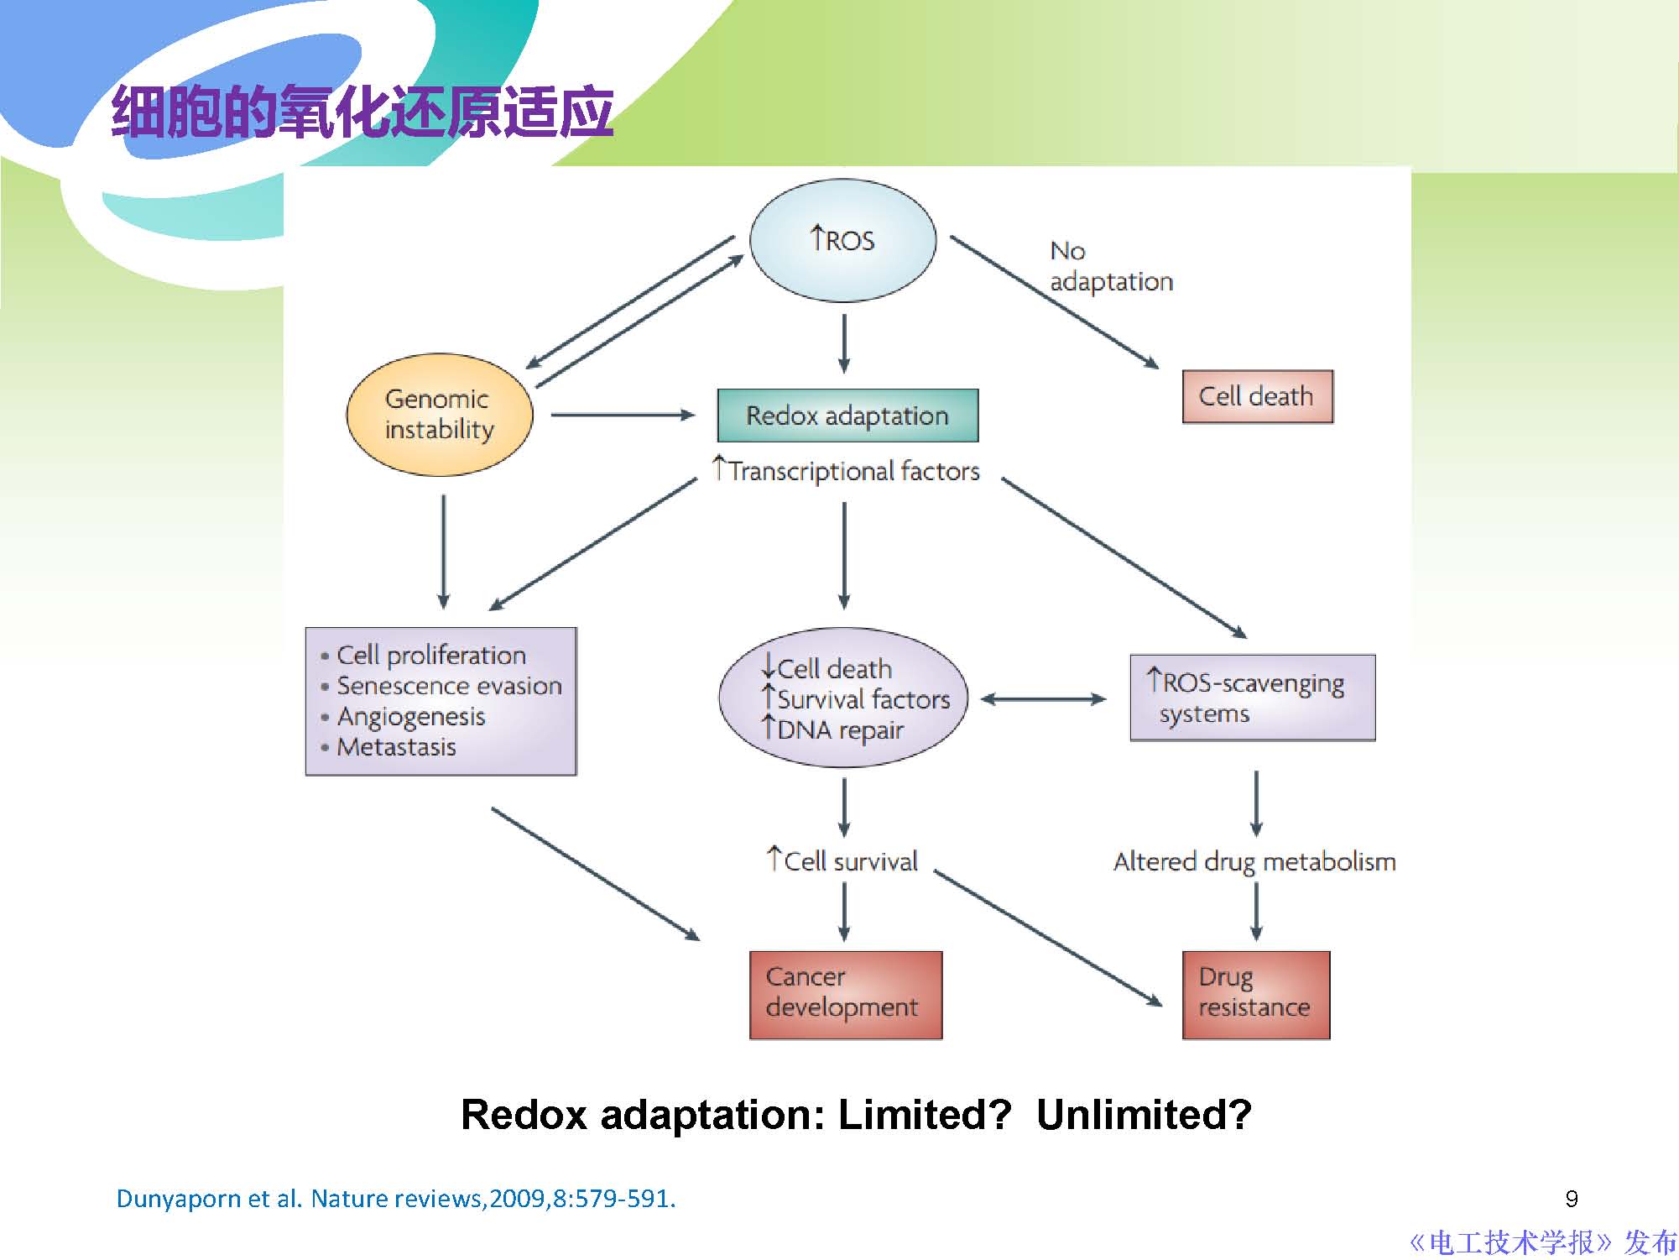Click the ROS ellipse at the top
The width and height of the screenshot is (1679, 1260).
click(x=842, y=240)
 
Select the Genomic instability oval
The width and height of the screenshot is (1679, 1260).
click(x=439, y=415)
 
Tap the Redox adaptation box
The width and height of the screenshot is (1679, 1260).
click(x=847, y=416)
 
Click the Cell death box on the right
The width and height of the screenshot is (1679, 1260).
click(x=1257, y=396)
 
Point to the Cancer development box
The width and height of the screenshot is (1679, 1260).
click(x=845, y=994)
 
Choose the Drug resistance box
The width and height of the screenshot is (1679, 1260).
click(x=1255, y=994)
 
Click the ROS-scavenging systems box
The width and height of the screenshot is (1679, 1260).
click(x=1252, y=698)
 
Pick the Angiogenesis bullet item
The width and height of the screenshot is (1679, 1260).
click(x=411, y=717)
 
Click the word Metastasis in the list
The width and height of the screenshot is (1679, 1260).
click(x=396, y=747)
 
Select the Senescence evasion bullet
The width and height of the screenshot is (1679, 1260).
click(x=449, y=686)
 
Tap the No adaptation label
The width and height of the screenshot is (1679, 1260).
click(x=1109, y=266)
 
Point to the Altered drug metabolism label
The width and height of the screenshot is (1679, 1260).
click(x=1254, y=861)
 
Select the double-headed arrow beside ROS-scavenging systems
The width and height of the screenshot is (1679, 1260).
click(x=1043, y=699)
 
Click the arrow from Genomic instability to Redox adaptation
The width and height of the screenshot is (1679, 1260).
click(x=623, y=415)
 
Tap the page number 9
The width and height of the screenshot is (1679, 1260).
click(x=1572, y=1199)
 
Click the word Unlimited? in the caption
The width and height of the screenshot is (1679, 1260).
click(x=1144, y=1115)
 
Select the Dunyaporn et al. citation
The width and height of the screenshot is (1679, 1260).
click(x=395, y=1199)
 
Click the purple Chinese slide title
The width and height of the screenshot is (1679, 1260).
click(x=362, y=112)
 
